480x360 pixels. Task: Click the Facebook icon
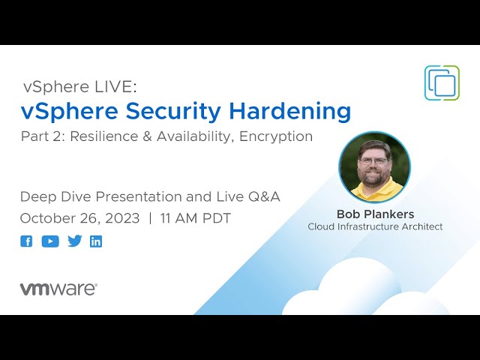[x=26, y=241]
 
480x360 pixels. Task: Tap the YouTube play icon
[x=50, y=241]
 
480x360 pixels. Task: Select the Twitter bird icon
[x=75, y=241]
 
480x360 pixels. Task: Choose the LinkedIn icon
[x=96, y=241]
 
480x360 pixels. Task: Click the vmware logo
[x=58, y=289]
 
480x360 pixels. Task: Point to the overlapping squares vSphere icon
[x=442, y=82]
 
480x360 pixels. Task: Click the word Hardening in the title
[x=290, y=110]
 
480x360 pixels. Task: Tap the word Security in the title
[x=173, y=112]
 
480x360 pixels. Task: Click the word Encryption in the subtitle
[x=276, y=136]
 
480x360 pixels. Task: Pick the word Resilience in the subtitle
[x=104, y=136]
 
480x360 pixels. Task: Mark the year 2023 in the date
[x=122, y=218]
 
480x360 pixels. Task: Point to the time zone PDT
[x=217, y=218]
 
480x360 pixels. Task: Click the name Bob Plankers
[x=375, y=214]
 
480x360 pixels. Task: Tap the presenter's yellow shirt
[x=377, y=190]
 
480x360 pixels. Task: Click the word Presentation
[x=139, y=196]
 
